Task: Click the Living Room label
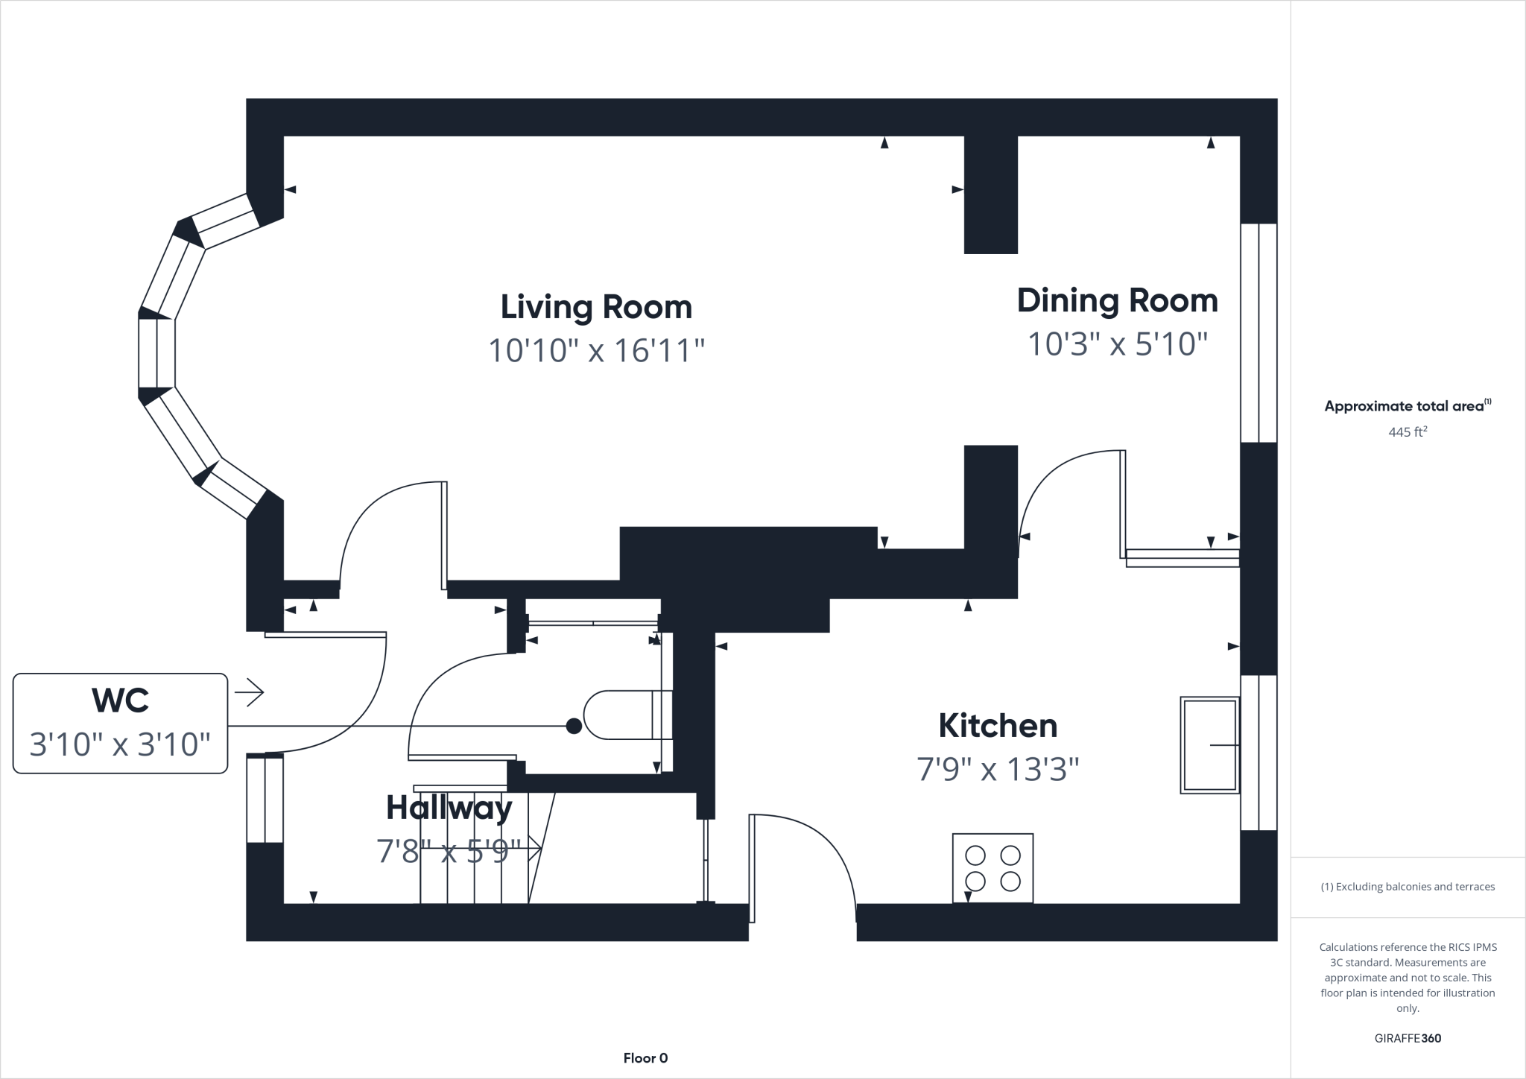pyautogui.click(x=596, y=307)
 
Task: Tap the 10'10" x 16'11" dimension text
pyautogui.click(x=596, y=350)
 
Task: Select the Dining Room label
pyautogui.click(x=1117, y=300)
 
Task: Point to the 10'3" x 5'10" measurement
pyautogui.click(x=1117, y=344)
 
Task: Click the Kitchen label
pyautogui.click(x=998, y=726)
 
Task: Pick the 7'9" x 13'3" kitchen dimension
pyautogui.click(x=998, y=769)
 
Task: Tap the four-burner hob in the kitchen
pyautogui.click(x=992, y=868)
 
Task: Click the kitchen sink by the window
pyautogui.click(x=1209, y=744)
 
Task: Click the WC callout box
pyautogui.click(x=120, y=723)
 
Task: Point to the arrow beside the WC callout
pyautogui.click(x=250, y=693)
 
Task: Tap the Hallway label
pyautogui.click(x=449, y=808)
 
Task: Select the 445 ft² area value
pyautogui.click(x=1407, y=432)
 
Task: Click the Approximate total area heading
pyautogui.click(x=1407, y=406)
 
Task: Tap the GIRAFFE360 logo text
pyautogui.click(x=1408, y=1038)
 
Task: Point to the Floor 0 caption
pyautogui.click(x=645, y=1058)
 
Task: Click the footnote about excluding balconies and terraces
pyautogui.click(x=1408, y=887)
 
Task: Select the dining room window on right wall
pyautogui.click(x=1259, y=333)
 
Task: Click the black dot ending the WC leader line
pyautogui.click(x=574, y=726)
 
